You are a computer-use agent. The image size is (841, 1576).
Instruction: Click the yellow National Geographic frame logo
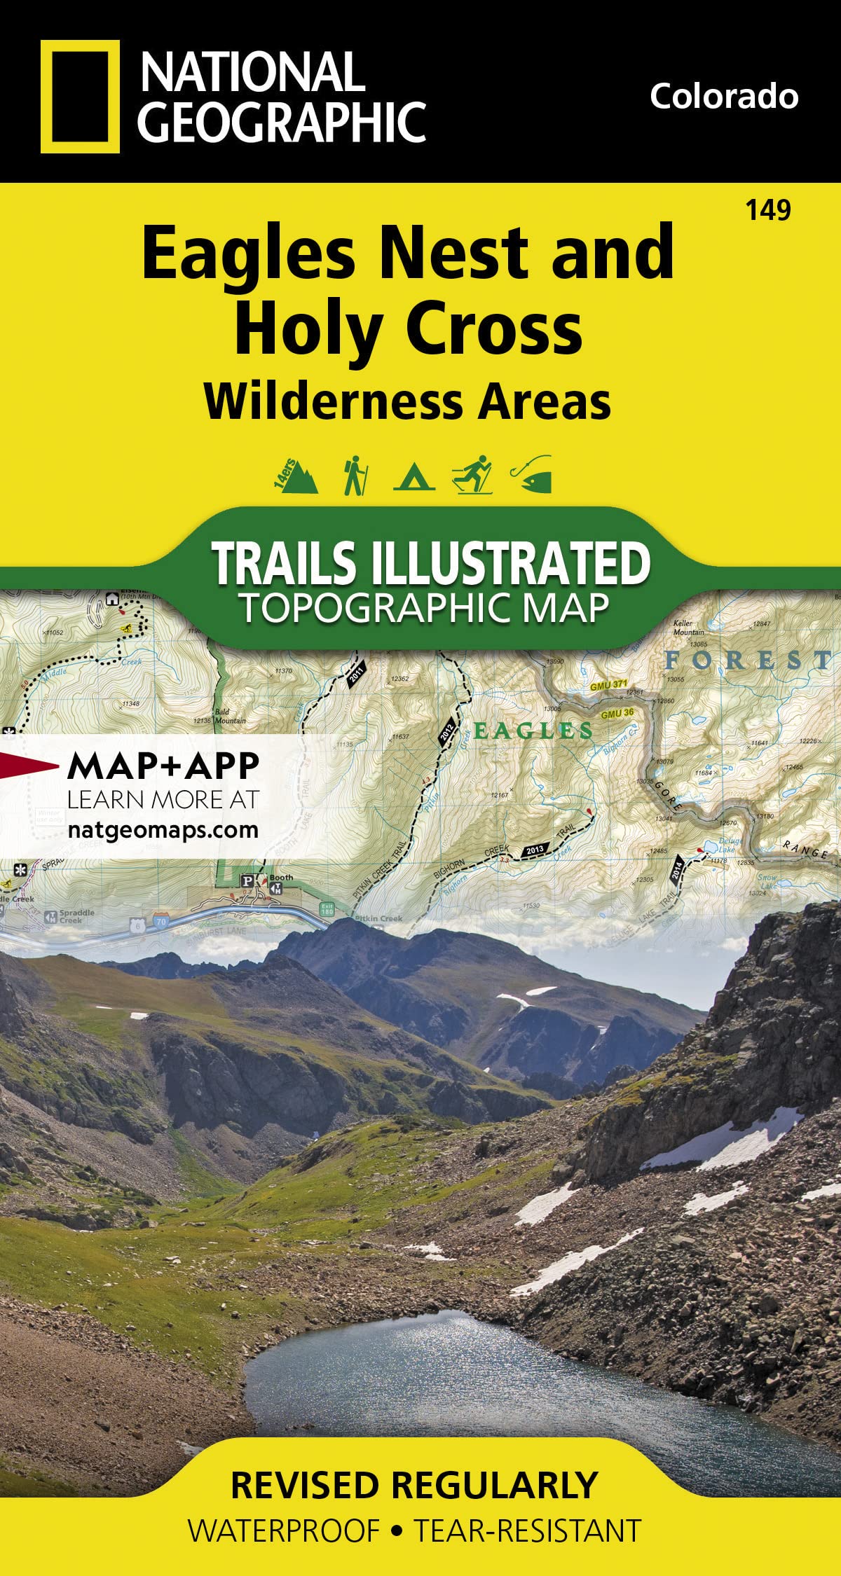tap(75, 96)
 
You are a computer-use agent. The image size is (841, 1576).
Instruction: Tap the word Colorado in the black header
tap(723, 96)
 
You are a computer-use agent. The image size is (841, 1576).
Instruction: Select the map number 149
tap(768, 209)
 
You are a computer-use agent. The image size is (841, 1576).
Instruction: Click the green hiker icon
tap(355, 476)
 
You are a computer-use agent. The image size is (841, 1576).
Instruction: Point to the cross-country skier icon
tap(472, 476)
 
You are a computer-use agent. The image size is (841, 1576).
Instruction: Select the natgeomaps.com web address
tap(163, 830)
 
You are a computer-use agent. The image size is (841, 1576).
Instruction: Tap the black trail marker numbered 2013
tap(534, 851)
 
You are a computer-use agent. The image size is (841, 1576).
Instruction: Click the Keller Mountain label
tap(688, 628)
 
